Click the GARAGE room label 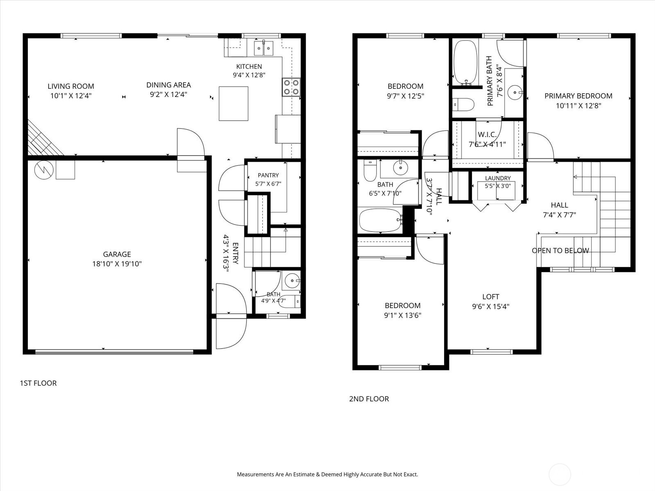117,254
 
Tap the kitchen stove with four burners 291,87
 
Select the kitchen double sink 264,48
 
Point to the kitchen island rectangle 233,104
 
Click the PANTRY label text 268,175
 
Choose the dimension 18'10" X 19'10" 117,264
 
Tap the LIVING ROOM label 71,86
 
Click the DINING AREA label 169,85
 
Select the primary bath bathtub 465,63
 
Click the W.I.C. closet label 487,135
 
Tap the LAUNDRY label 498,178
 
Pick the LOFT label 490,297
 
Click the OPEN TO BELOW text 560,251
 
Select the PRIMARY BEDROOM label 578,96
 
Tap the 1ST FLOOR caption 38,383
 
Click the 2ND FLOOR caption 369,399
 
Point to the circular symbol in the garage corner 44,170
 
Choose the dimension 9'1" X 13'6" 402,315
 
